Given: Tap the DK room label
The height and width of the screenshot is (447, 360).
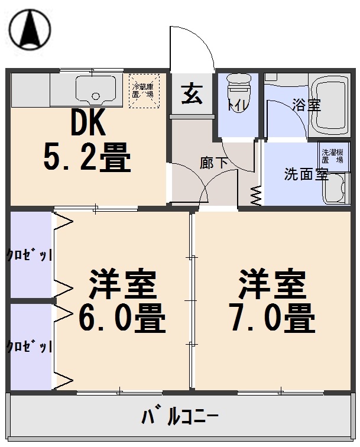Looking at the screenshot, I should coord(88,125).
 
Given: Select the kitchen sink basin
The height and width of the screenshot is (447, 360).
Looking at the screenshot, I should coord(90,90).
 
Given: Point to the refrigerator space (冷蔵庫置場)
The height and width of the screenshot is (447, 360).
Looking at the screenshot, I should coord(144,90).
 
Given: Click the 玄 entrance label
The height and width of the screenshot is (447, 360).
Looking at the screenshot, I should coord(191,94).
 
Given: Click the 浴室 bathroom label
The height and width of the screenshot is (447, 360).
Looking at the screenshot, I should coord(306,106).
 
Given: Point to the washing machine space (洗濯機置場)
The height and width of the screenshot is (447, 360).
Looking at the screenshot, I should coord(331,156).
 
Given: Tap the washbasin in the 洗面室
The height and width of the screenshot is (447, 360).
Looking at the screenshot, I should coord(336,190).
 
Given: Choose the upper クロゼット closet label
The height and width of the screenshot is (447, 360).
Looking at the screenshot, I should coord(29,255).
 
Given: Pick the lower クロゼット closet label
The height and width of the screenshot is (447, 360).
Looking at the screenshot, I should coord(29,346).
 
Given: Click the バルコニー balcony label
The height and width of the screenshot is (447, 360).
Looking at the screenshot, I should coord(180,416).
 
